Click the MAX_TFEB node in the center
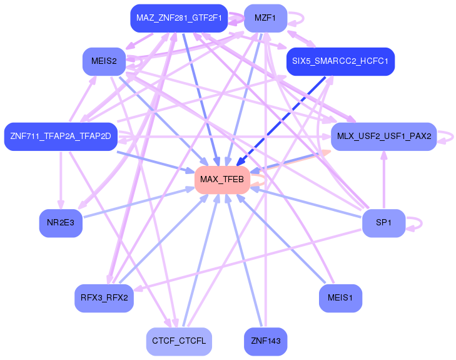(x=222, y=180)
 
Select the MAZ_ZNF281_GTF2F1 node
(x=178, y=18)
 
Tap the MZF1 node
(x=265, y=18)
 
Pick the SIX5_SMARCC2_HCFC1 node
(x=340, y=61)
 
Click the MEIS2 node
(x=104, y=61)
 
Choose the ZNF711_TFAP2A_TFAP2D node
(x=60, y=136)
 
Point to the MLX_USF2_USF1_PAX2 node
(x=383, y=136)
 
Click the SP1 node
(x=383, y=223)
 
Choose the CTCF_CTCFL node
(x=178, y=341)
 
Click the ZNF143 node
(x=265, y=341)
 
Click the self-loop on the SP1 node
(x=421, y=223)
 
